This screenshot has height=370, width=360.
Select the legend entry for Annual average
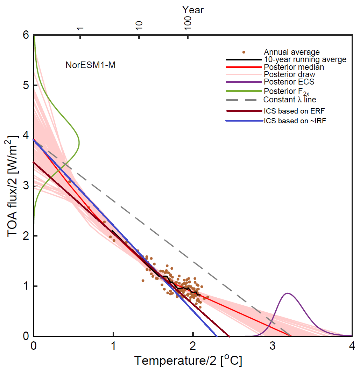(292, 52)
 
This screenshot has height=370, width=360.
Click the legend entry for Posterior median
(294, 67)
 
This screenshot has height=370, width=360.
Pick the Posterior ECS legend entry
(289, 82)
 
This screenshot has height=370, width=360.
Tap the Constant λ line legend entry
(290, 99)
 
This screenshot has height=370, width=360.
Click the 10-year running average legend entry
(305, 59)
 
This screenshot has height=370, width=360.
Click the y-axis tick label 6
(25, 35)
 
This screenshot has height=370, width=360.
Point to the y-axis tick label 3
(25, 186)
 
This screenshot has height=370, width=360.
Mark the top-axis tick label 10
(139, 25)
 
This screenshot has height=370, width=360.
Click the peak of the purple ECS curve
(288, 293)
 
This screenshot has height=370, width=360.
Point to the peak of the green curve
(79, 142)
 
